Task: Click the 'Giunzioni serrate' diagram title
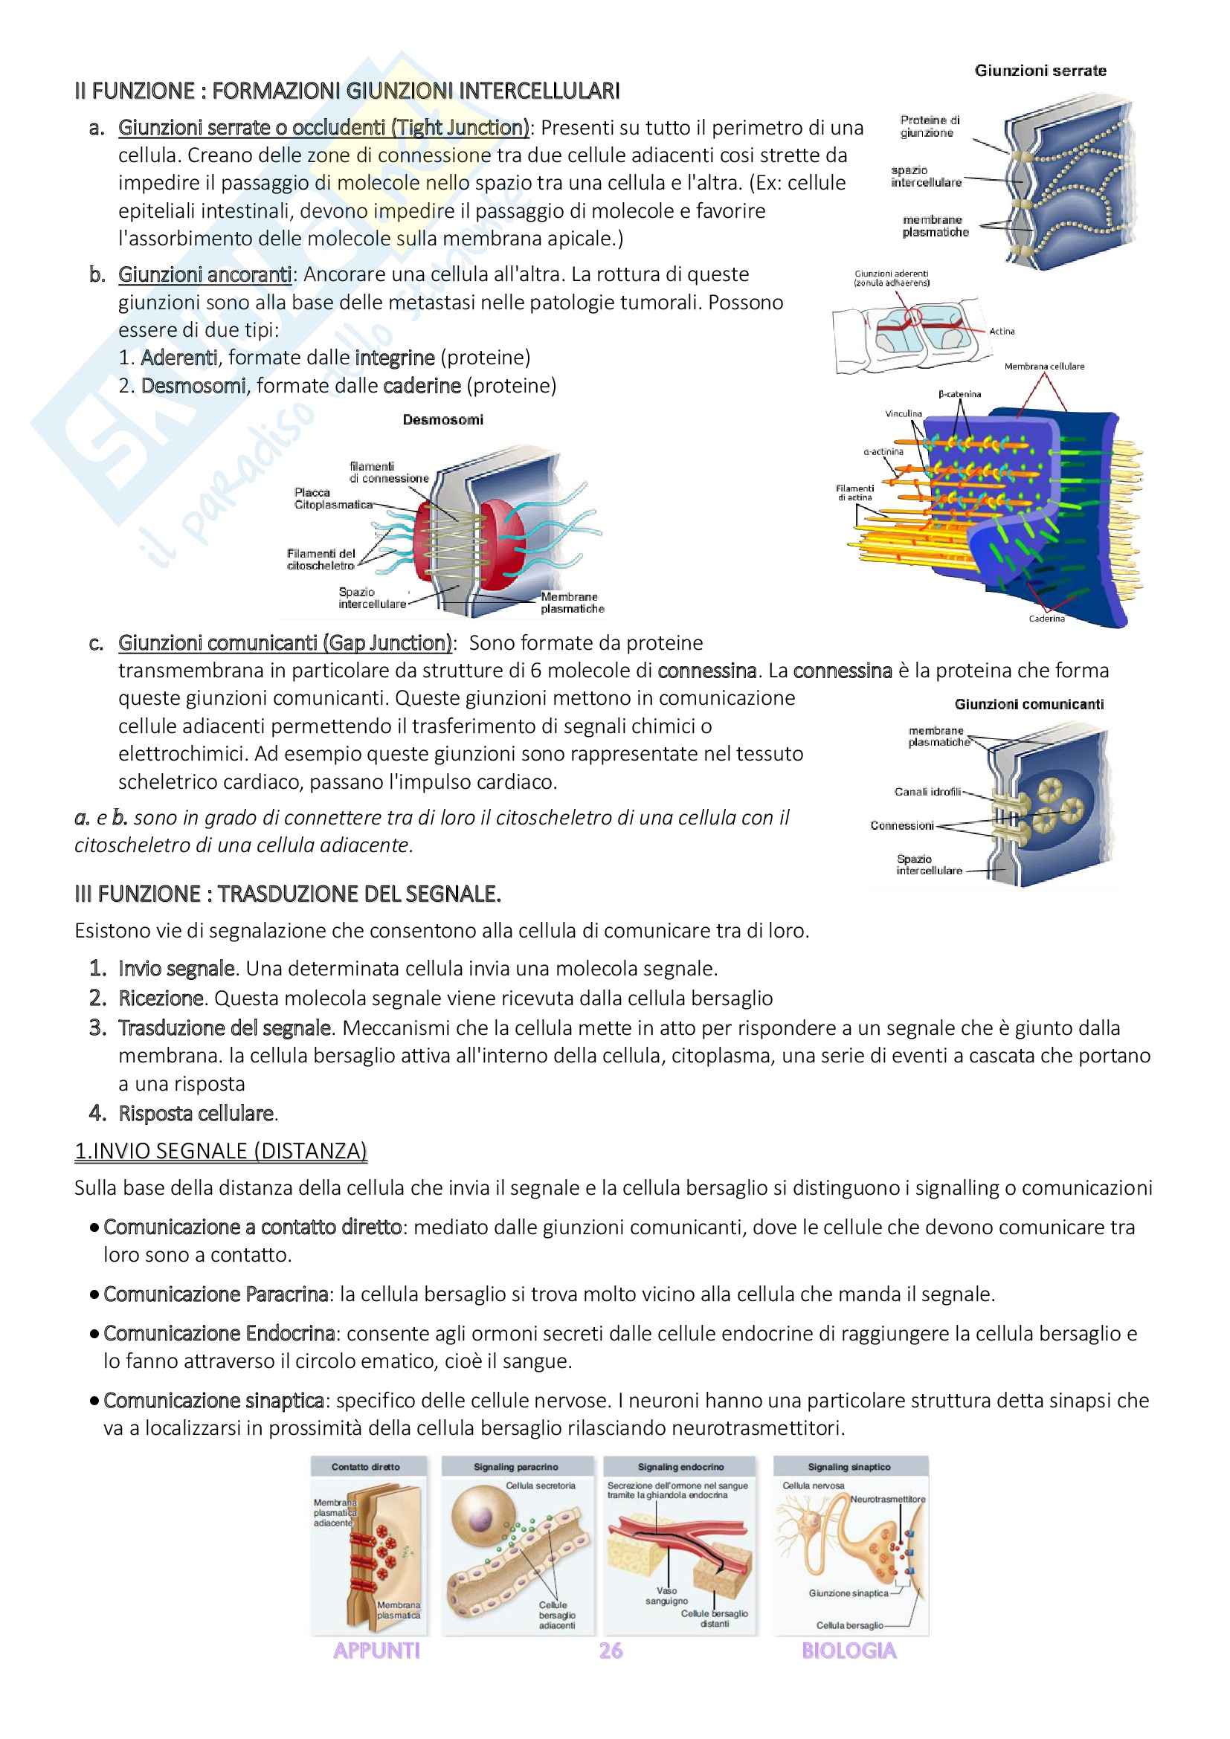click(x=1040, y=71)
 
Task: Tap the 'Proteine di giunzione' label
click(x=930, y=126)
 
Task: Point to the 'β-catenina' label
click(x=959, y=394)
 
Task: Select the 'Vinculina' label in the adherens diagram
click(x=904, y=413)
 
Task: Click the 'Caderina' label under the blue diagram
click(x=1046, y=619)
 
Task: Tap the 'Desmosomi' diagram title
click(x=442, y=419)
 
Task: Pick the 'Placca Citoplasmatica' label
click(x=333, y=498)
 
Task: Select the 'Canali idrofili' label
click(x=928, y=793)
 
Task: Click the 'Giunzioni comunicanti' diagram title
click(x=1028, y=704)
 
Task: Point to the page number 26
click(x=611, y=1651)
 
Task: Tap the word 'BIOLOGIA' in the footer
click(x=849, y=1651)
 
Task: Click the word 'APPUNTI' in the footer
click(x=376, y=1651)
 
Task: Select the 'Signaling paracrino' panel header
click(x=516, y=1467)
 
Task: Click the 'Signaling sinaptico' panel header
click(x=849, y=1467)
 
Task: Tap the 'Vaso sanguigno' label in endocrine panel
click(x=666, y=1596)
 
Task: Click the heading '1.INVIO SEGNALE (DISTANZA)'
click(x=220, y=1151)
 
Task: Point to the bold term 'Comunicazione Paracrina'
click(x=216, y=1294)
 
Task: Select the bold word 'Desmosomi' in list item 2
click(x=193, y=386)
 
